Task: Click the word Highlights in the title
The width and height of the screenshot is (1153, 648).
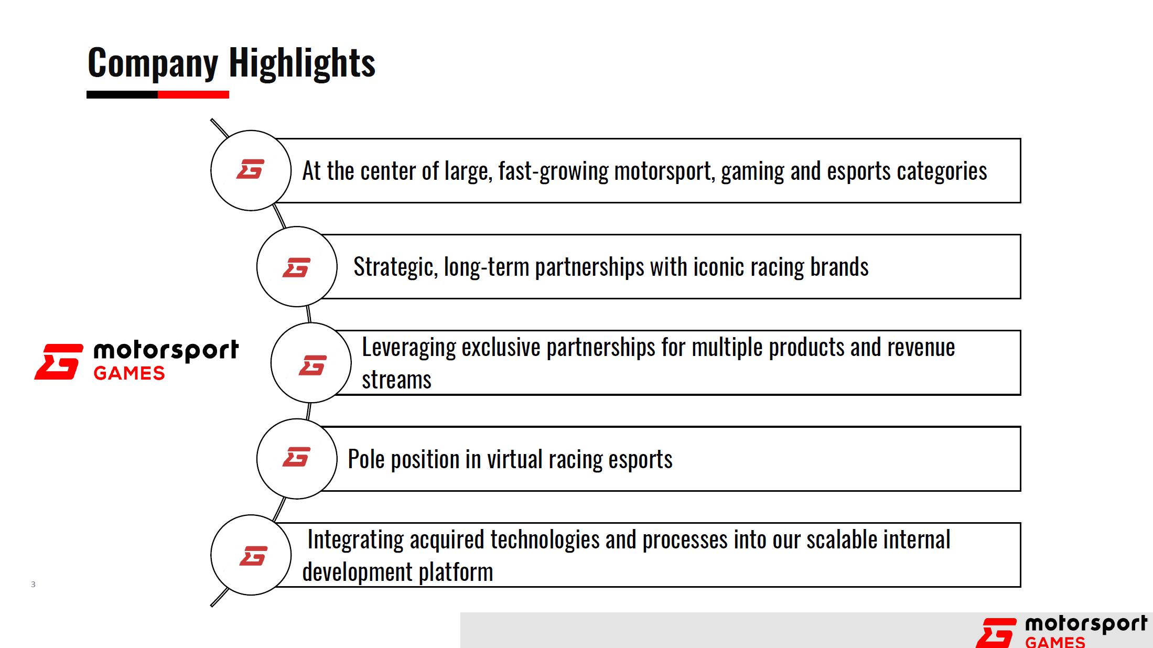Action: point(302,63)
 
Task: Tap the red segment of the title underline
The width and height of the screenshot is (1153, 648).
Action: point(193,95)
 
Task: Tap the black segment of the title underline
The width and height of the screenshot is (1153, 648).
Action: point(122,95)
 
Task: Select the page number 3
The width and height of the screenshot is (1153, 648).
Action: point(33,584)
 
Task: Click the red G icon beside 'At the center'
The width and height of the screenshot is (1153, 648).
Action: point(250,169)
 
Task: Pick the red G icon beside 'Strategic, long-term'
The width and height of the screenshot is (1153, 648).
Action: point(296,267)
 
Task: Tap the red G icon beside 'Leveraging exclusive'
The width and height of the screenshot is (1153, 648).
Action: point(313,365)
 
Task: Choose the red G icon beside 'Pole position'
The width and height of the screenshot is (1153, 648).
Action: point(296,457)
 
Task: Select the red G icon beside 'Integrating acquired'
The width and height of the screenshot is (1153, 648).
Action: point(253,556)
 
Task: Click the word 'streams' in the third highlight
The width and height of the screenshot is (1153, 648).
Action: point(396,380)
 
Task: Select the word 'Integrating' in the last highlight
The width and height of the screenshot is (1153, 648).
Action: point(355,540)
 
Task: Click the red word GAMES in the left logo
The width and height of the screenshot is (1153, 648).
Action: point(129,373)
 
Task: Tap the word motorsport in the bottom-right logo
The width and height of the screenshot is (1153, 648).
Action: point(1086,624)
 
